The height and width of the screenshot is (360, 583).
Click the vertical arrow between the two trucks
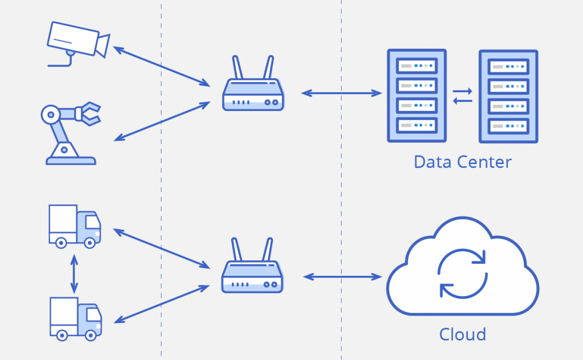[x=73, y=272]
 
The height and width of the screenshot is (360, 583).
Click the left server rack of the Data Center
[x=417, y=96]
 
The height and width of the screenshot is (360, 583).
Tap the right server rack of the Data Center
[x=508, y=96]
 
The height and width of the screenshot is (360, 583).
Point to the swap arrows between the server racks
[x=462, y=96]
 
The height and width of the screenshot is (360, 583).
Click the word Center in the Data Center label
[x=485, y=162]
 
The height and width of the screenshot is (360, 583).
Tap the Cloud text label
[x=462, y=334]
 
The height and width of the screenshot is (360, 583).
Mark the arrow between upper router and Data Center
[x=342, y=93]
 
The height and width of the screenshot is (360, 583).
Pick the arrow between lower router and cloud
[x=342, y=277]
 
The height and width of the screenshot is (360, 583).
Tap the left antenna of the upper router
[x=238, y=68]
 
